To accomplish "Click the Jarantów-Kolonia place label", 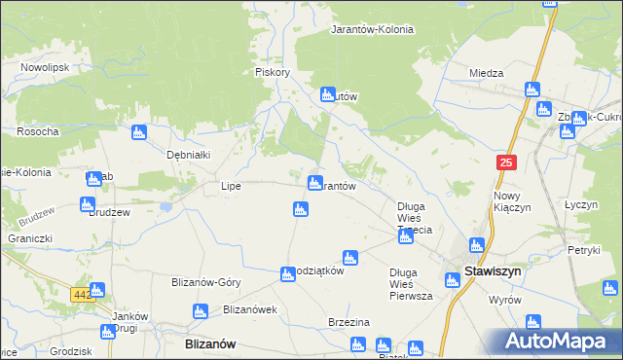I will tap(372, 29).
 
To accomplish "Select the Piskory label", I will tap(273, 72).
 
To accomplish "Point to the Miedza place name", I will tap(486, 73).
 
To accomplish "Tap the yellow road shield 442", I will tap(83, 294).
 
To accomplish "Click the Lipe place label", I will tap(231, 185).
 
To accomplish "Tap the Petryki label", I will tap(584, 250).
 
